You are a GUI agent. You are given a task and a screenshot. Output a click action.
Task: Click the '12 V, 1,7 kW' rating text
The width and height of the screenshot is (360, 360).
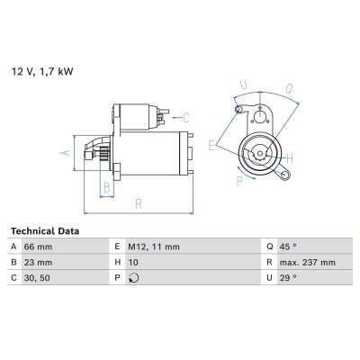42,72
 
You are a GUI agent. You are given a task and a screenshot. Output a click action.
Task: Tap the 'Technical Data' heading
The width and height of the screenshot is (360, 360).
45,231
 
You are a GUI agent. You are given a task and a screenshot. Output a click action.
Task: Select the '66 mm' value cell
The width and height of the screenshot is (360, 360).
38,247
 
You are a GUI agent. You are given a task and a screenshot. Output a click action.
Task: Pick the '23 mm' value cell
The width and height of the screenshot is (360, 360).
38,263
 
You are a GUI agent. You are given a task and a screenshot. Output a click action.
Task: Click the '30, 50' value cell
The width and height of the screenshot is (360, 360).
37,278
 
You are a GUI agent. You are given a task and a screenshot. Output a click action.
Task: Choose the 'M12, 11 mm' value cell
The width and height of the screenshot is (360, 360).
154,247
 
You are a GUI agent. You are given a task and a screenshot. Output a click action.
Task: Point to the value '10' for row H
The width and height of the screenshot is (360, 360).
133,263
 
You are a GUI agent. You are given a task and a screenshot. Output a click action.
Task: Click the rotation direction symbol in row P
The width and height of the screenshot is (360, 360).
133,278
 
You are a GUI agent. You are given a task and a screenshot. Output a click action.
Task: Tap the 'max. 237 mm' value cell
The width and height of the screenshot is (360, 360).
308,263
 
